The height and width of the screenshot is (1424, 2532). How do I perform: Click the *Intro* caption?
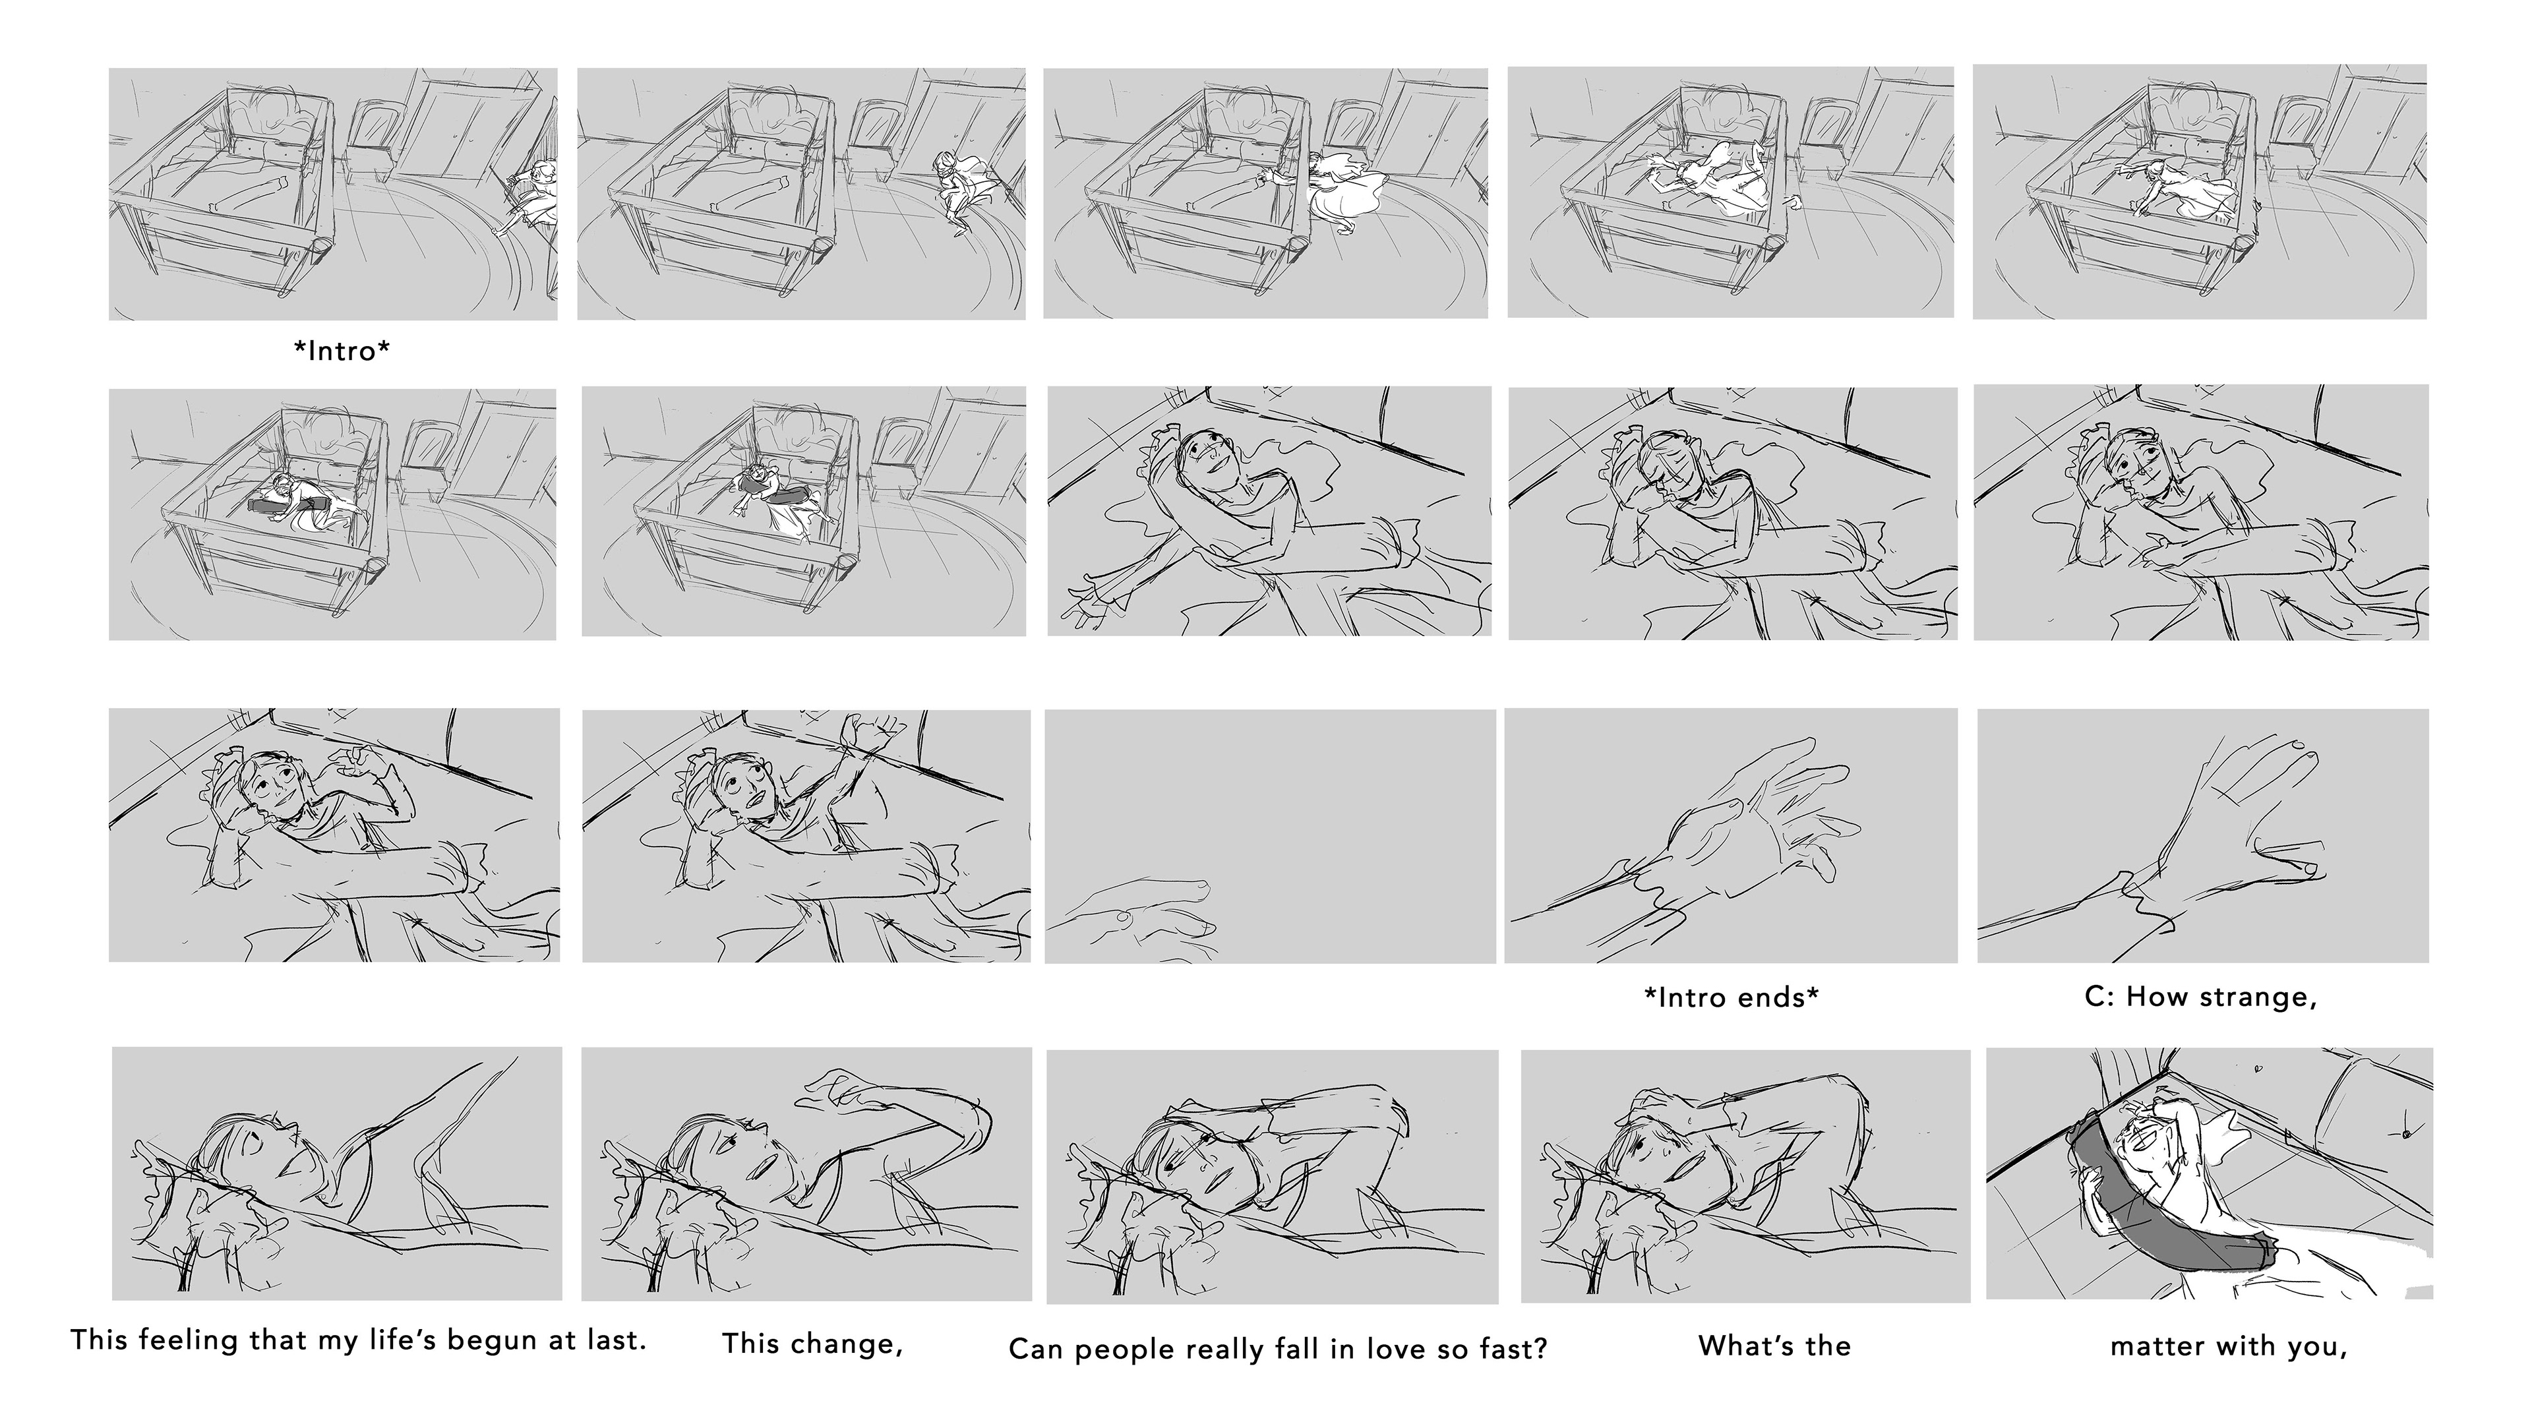(x=342, y=351)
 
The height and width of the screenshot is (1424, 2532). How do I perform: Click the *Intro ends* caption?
(x=1731, y=997)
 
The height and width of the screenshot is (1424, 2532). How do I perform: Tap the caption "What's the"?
(x=1774, y=1346)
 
